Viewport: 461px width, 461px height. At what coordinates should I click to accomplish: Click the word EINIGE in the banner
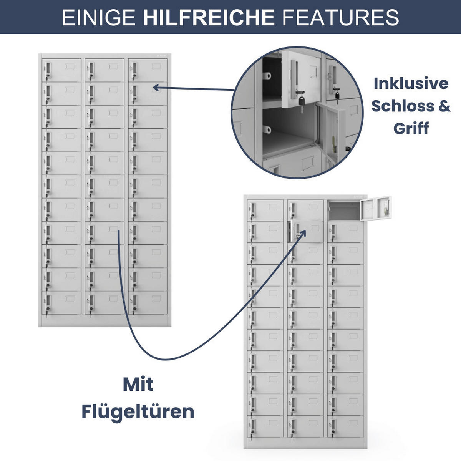[x=99, y=17]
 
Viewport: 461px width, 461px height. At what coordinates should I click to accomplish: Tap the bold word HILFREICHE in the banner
[x=209, y=17]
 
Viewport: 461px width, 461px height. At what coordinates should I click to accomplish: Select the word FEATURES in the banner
[x=341, y=17]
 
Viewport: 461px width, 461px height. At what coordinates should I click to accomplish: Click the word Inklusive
[x=411, y=83]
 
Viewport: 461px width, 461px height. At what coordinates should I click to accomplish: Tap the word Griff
[x=411, y=128]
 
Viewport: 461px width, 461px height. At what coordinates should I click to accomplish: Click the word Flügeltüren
[x=138, y=412]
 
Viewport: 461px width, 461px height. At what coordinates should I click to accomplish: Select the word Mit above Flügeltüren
[x=138, y=385]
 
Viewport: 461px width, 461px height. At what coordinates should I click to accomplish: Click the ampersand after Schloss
[x=444, y=106]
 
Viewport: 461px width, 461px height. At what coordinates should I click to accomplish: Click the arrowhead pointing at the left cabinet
[x=156, y=88]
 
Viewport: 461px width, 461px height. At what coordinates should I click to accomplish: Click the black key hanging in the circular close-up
[x=302, y=101]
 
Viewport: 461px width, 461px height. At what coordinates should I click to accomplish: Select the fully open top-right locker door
[x=376, y=208]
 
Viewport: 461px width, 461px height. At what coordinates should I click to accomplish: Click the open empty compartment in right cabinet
[x=344, y=211]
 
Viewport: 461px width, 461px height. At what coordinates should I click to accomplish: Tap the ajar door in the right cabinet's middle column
[x=307, y=231]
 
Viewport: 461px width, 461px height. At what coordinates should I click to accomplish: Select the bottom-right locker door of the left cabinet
[x=148, y=302]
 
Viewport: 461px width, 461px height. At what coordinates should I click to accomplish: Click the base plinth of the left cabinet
[x=105, y=320]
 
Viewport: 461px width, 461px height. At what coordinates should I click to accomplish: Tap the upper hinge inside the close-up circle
[x=267, y=76]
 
